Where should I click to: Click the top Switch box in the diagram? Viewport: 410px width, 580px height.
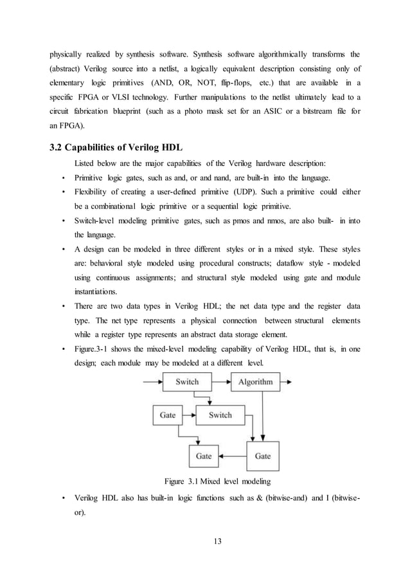point(187,382)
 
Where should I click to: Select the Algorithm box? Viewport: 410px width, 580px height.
point(255,382)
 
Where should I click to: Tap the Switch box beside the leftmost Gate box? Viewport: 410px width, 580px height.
point(220,415)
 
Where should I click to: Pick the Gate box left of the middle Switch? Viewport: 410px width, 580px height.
point(168,415)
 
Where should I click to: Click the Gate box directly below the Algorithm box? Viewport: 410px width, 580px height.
point(263,456)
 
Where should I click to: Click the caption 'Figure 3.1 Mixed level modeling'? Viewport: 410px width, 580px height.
point(218,481)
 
